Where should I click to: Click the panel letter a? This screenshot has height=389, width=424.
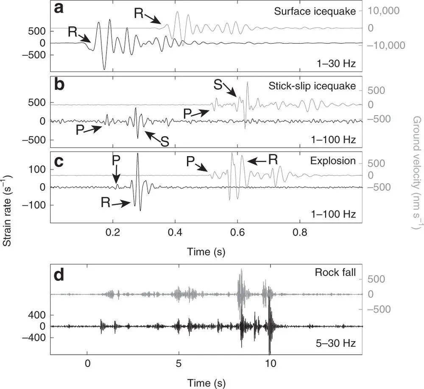(x=58, y=8)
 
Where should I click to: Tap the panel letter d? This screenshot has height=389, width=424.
(x=59, y=276)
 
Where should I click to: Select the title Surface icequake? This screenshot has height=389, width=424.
(x=315, y=11)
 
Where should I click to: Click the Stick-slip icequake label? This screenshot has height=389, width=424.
(x=312, y=86)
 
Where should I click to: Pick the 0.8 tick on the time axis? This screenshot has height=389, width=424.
(x=300, y=232)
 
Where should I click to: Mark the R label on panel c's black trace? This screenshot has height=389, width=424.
(x=106, y=203)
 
